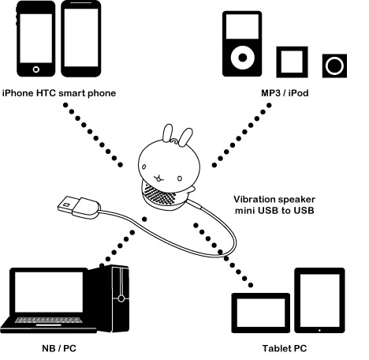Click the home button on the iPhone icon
pyautogui.click(x=36, y=69)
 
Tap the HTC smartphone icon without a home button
pyautogui.click(x=81, y=39)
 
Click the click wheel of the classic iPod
pyautogui.click(x=243, y=58)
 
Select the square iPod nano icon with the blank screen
pyautogui.click(x=292, y=62)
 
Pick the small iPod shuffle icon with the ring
pyautogui.click(x=334, y=66)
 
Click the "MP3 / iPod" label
pyautogui.click(x=285, y=93)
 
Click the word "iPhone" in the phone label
pyautogui.click(x=18, y=93)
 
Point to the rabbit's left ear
pyautogui.click(x=168, y=133)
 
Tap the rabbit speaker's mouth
pyautogui.click(x=158, y=178)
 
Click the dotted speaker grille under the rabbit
pyautogui.click(x=159, y=195)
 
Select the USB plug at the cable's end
pyautogui.click(x=79, y=207)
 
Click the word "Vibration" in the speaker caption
pyautogui.click(x=254, y=199)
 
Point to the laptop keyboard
pyautogui.click(x=48, y=320)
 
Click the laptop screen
pyautogui.click(x=49, y=292)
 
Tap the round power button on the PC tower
pyautogui.click(x=121, y=298)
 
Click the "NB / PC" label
pyautogui.click(x=59, y=348)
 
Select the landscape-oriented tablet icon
pyautogui.click(x=261, y=313)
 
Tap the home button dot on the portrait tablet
pyautogui.click(x=319, y=330)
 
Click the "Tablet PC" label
pyautogui.click(x=285, y=348)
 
